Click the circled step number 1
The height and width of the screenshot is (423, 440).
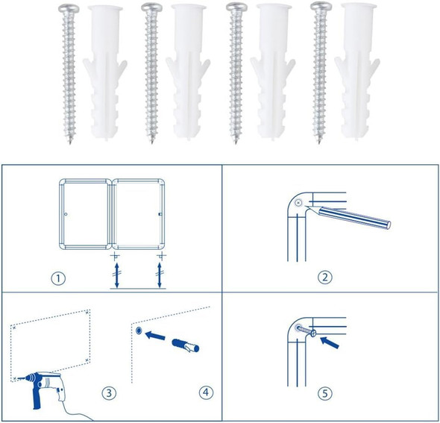point(59,278)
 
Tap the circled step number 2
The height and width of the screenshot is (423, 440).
point(324,278)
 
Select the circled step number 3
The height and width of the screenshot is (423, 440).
point(108,392)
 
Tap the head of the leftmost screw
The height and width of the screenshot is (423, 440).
point(66,8)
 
